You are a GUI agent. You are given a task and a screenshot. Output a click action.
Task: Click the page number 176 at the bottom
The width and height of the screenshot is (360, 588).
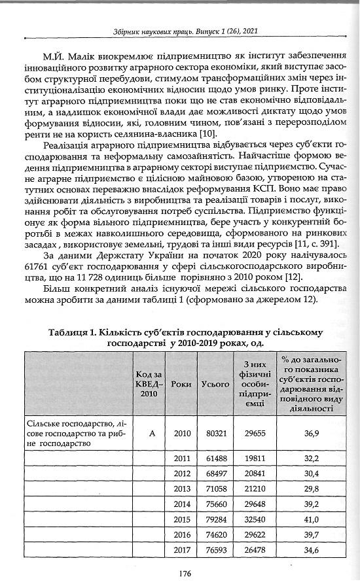click(x=184, y=573)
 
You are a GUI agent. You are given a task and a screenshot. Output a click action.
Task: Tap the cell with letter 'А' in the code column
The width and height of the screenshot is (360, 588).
click(x=150, y=433)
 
